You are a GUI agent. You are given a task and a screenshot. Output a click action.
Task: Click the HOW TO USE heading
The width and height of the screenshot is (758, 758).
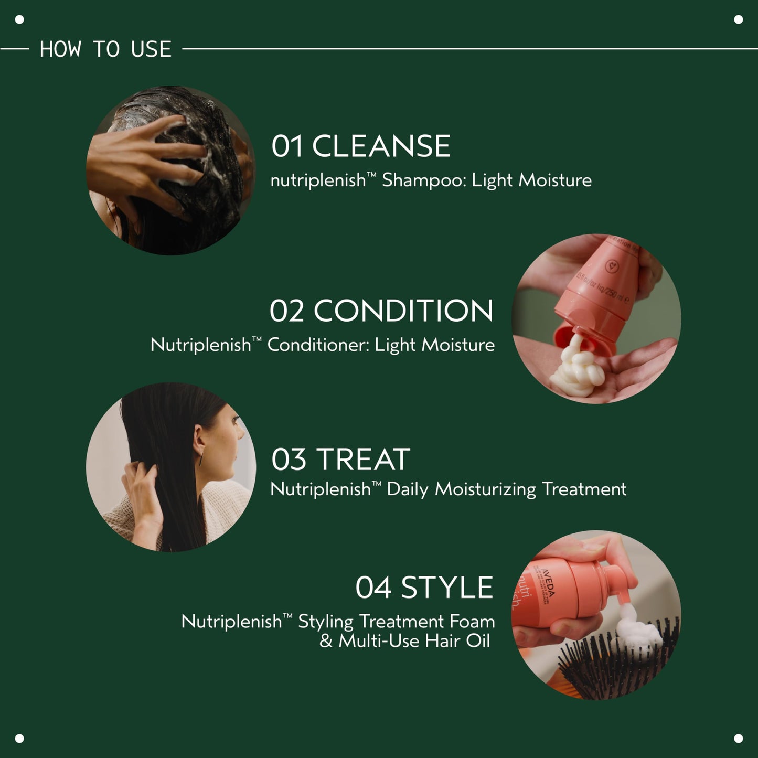point(105,49)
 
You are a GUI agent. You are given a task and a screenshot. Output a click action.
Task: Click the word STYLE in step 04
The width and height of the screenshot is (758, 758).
point(446,588)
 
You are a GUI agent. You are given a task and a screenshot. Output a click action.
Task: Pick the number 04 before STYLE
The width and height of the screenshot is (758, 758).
point(373,588)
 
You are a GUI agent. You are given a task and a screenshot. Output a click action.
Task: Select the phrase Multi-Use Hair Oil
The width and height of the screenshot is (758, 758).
point(414,641)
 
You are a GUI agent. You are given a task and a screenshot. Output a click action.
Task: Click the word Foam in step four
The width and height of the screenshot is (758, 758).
point(472,622)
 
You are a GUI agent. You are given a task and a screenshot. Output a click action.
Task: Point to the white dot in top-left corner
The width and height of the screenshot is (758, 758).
point(19,19)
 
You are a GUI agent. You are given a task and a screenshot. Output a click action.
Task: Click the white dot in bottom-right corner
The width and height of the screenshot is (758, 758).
point(738,738)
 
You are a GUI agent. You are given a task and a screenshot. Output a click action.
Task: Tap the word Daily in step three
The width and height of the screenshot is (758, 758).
point(407,489)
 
